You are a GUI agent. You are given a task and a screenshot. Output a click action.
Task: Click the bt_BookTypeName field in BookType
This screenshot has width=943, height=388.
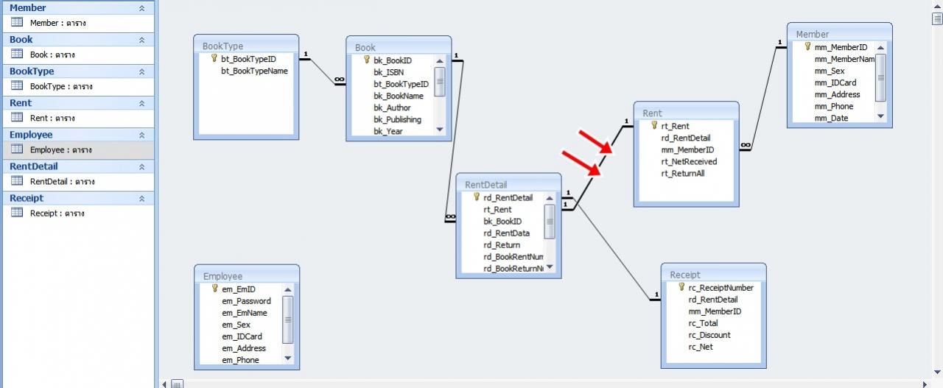[x=254, y=71]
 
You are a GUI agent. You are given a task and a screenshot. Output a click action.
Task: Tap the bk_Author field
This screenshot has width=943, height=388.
[x=392, y=107]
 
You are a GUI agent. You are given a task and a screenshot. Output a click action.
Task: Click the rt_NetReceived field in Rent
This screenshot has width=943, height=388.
[x=689, y=161]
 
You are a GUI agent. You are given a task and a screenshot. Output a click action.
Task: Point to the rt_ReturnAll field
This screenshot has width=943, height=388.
[x=683, y=173]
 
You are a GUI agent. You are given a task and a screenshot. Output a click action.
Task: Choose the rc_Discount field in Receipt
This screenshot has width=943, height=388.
[x=709, y=335]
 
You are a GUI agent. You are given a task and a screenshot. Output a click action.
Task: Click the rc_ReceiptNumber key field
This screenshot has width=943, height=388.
[x=721, y=288]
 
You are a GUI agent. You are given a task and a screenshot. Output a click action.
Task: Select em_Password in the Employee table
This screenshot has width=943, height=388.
[x=246, y=301]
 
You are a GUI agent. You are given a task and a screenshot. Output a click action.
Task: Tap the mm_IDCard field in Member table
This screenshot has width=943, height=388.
[x=835, y=83]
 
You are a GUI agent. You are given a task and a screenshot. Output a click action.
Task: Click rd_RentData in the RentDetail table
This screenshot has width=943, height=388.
[x=506, y=233]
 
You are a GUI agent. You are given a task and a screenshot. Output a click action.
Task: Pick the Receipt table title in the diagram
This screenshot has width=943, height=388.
[x=685, y=275]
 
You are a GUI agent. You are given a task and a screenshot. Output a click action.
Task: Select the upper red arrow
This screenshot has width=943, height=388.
[x=596, y=144]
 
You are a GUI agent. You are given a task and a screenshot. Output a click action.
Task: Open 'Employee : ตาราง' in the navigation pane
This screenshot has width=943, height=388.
[x=60, y=149]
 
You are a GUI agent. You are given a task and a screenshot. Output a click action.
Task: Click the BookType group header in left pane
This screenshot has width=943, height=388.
[x=32, y=71]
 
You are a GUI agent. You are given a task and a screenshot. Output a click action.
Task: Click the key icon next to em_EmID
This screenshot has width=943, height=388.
[x=214, y=289]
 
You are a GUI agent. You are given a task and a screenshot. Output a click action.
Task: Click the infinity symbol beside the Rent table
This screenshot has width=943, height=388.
[x=746, y=145]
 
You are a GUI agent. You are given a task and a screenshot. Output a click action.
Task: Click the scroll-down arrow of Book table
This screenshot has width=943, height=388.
[x=440, y=130]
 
